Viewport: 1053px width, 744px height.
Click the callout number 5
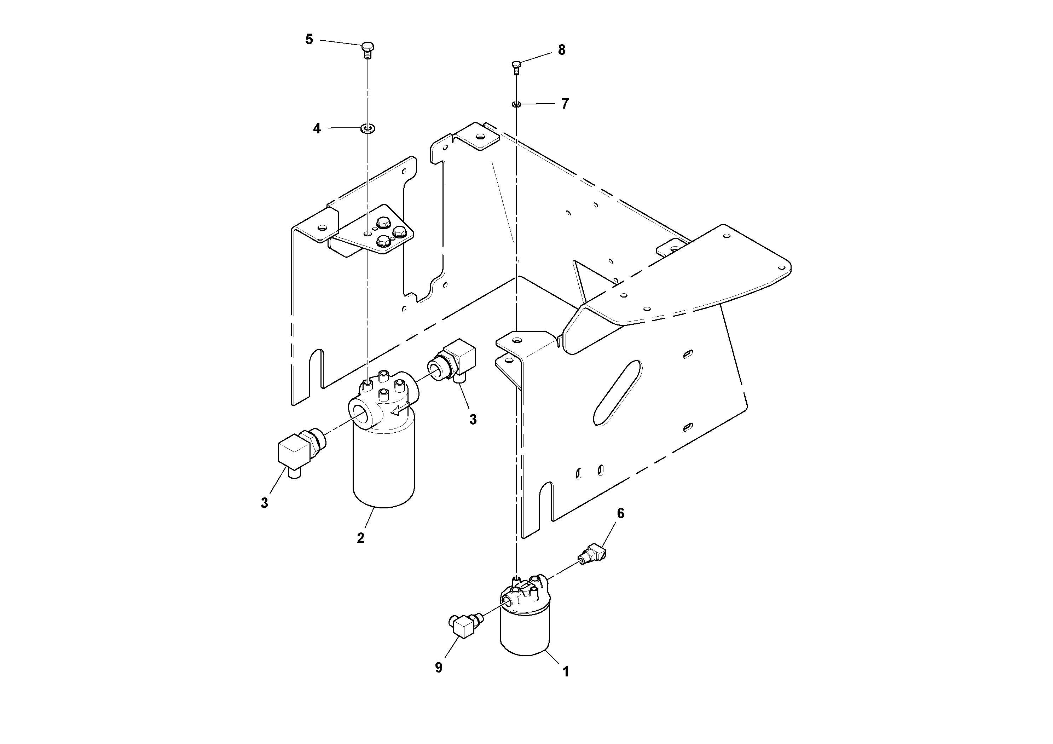309,40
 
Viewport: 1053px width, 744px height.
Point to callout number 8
562,50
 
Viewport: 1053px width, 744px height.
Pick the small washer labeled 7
516,104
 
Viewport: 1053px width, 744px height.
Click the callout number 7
565,104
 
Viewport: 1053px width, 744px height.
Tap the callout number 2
360,538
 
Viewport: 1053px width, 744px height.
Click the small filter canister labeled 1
525,631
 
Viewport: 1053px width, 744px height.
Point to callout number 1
566,671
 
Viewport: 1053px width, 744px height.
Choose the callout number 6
620,513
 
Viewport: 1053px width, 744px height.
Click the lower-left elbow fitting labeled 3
297,453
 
